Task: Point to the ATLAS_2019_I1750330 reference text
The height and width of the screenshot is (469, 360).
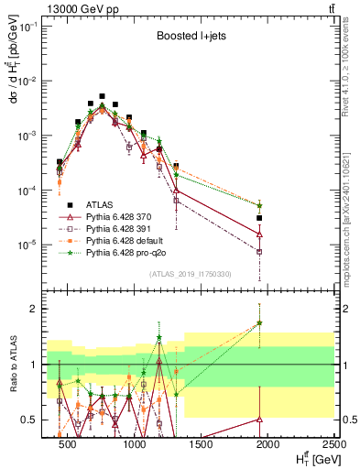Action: [191, 273]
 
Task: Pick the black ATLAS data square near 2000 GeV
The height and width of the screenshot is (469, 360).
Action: [260, 218]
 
